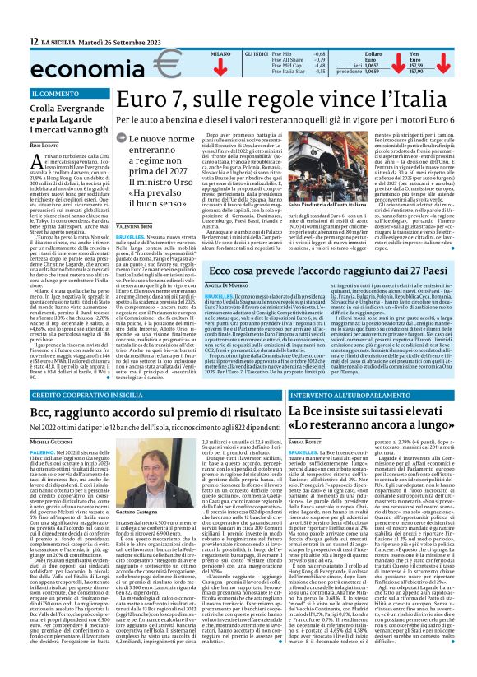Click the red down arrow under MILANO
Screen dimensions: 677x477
click(220, 67)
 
